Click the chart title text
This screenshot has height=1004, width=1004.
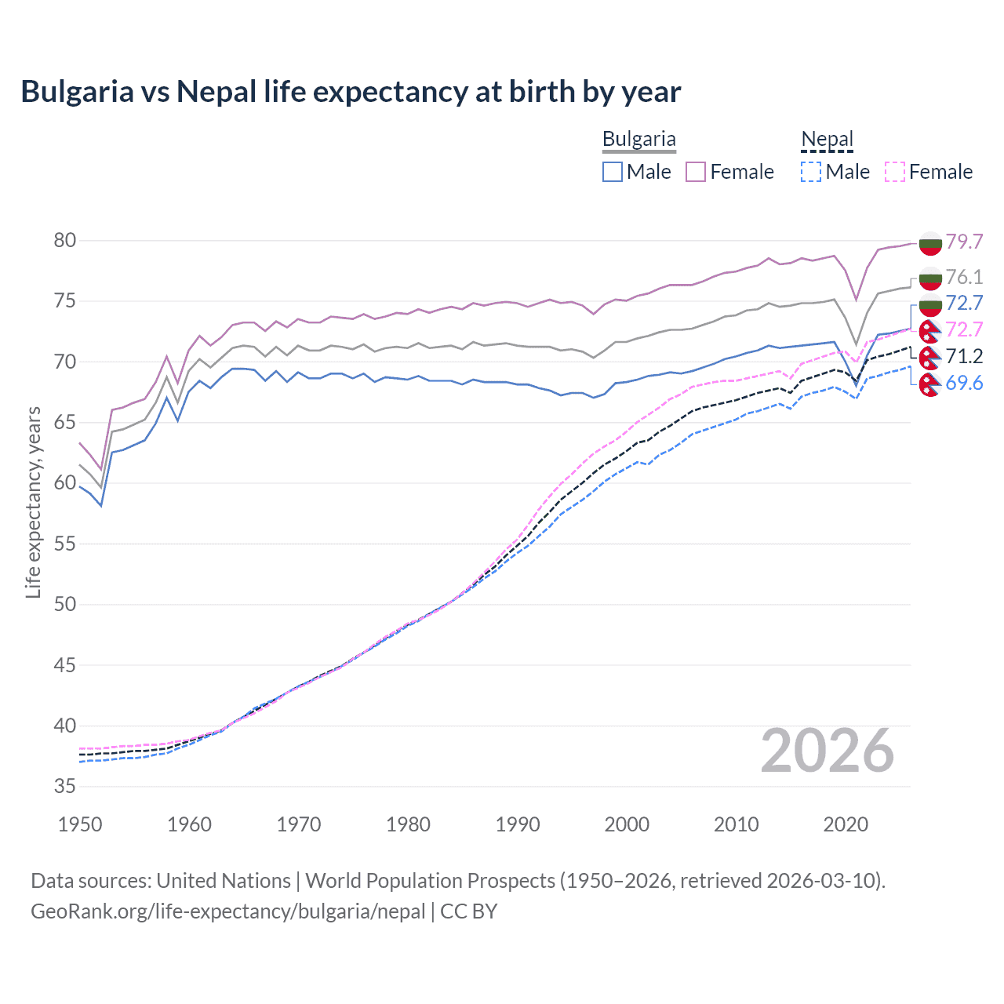[351, 92]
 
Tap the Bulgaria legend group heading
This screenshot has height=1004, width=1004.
[638, 140]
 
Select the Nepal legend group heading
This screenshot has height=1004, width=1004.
[827, 140]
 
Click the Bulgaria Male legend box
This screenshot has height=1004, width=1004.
[613, 172]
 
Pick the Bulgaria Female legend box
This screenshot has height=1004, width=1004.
[696, 172]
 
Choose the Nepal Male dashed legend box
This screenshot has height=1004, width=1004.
[811, 172]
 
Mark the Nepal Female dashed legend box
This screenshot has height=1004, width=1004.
[895, 172]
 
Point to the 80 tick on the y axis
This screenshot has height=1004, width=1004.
[65, 241]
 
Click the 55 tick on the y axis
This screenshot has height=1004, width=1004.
[65, 544]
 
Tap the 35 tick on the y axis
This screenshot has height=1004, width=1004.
[65, 786]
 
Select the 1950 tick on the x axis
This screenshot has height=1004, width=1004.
[80, 824]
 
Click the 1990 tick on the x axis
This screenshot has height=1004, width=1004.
[518, 824]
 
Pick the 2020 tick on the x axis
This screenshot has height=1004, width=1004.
[846, 824]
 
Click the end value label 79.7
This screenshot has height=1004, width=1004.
[964, 242]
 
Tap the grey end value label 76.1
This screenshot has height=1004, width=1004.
[964, 277]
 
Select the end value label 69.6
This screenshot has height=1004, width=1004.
[964, 383]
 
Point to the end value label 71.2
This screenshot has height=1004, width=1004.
[964, 357]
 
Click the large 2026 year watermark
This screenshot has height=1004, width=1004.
[828, 751]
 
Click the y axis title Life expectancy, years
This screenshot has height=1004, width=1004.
[34, 502]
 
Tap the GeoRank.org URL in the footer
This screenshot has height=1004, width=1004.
[227, 911]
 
